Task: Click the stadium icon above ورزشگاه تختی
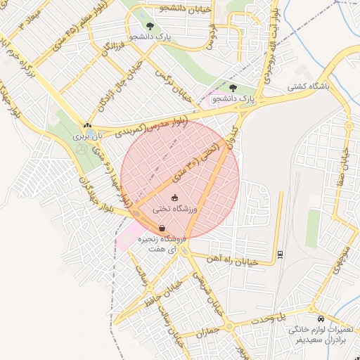coord(174,198)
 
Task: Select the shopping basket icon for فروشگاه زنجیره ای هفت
coord(162,228)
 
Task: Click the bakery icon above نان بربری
coord(87,126)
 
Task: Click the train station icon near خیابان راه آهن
coord(281,254)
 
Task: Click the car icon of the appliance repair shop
coord(321,318)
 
